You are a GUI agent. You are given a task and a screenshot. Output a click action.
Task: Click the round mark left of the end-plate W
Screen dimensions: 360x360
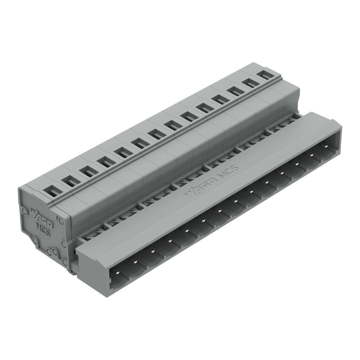point(24,212)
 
